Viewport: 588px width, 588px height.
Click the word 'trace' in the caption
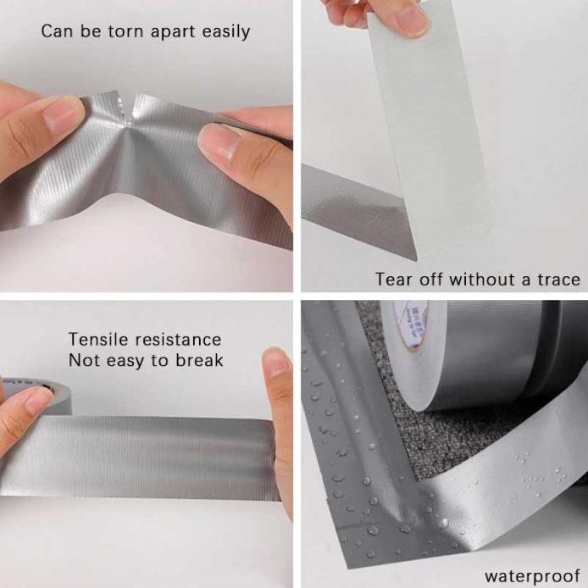[x=558, y=279]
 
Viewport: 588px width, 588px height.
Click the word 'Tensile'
[x=98, y=340]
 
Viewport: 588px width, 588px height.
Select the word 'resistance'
[x=180, y=340]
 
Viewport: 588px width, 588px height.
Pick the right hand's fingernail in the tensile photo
[x=275, y=363]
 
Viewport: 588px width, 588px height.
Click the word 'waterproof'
[x=531, y=575]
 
